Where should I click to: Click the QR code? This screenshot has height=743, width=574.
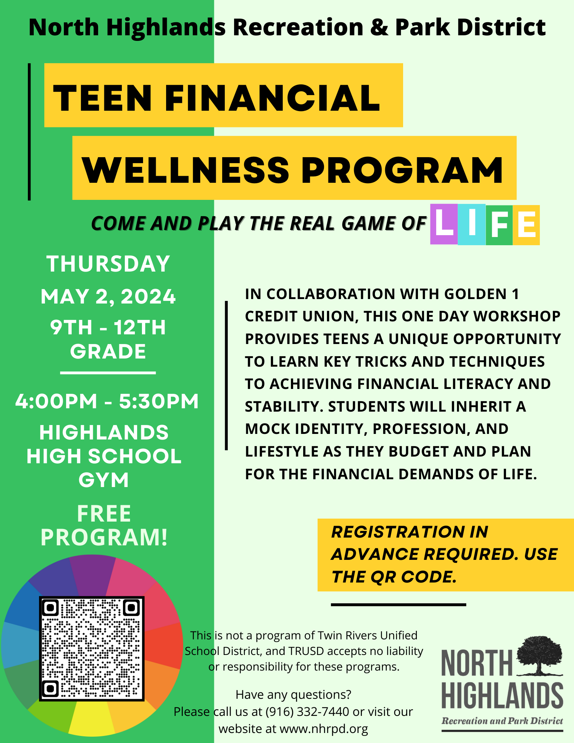tap(92, 649)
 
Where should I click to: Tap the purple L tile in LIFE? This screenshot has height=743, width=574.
tap(444, 224)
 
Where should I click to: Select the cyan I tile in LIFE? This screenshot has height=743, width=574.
tap(472, 224)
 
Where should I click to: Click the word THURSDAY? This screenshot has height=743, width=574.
tap(108, 264)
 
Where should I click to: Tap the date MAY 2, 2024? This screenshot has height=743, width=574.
tap(108, 296)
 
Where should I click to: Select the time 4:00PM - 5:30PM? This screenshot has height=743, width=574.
tap(107, 401)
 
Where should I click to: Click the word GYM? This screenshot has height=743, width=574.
tap(104, 480)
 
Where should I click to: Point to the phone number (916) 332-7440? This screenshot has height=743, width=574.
tap(307, 711)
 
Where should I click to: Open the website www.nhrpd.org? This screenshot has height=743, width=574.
tap(324, 729)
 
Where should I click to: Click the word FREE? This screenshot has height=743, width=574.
tap(104, 514)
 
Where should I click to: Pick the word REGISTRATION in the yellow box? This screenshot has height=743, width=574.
tap(398, 532)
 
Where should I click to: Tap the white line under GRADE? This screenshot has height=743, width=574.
tap(108, 372)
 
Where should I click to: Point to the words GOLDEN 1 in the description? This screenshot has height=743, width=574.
tap(481, 294)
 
